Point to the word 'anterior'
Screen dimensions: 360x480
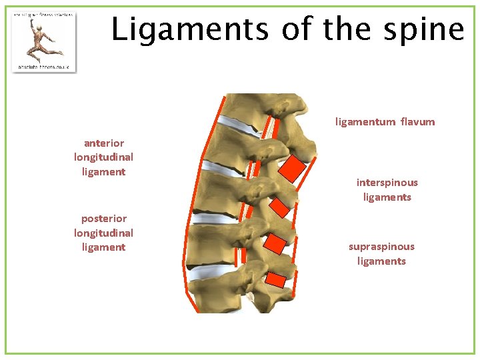coord(103,143)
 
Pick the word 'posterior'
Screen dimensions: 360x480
coord(103,218)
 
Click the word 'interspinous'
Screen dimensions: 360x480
coord(387,183)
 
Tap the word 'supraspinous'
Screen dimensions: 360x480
coord(381,247)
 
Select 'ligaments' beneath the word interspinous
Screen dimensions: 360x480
coord(387,197)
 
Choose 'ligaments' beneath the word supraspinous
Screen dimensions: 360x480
coord(381,261)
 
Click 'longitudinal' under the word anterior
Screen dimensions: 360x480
coord(103,157)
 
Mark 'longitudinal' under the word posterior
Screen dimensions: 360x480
coord(103,233)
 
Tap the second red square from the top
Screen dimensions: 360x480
coord(280,209)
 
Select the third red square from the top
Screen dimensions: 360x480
coord(273,243)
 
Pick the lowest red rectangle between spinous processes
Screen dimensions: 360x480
coord(276,280)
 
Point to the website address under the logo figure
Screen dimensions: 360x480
coord(44,67)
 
